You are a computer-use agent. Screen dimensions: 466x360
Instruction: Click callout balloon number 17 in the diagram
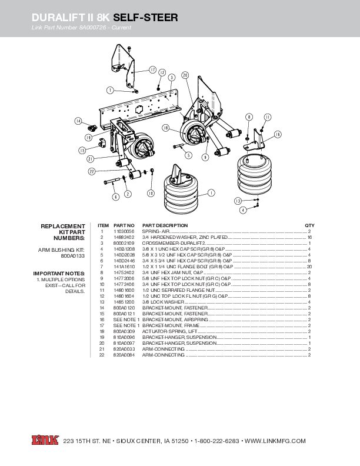point(153,69)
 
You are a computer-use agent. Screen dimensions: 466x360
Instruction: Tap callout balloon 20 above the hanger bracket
point(185,75)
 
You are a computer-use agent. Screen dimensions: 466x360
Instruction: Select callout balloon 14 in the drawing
point(78,121)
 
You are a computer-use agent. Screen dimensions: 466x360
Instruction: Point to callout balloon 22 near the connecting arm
point(92,171)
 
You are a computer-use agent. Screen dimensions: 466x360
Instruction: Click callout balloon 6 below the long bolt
point(116,197)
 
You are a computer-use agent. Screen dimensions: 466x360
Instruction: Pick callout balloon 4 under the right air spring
point(243,210)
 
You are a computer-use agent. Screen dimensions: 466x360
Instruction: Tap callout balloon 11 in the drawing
point(267,118)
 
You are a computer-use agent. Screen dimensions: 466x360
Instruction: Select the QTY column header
point(309,225)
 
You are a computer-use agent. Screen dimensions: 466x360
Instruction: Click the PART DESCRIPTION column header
point(165,225)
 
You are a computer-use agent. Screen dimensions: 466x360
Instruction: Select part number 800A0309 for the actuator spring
point(124,332)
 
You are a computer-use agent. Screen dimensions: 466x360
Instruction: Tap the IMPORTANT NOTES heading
point(59,273)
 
